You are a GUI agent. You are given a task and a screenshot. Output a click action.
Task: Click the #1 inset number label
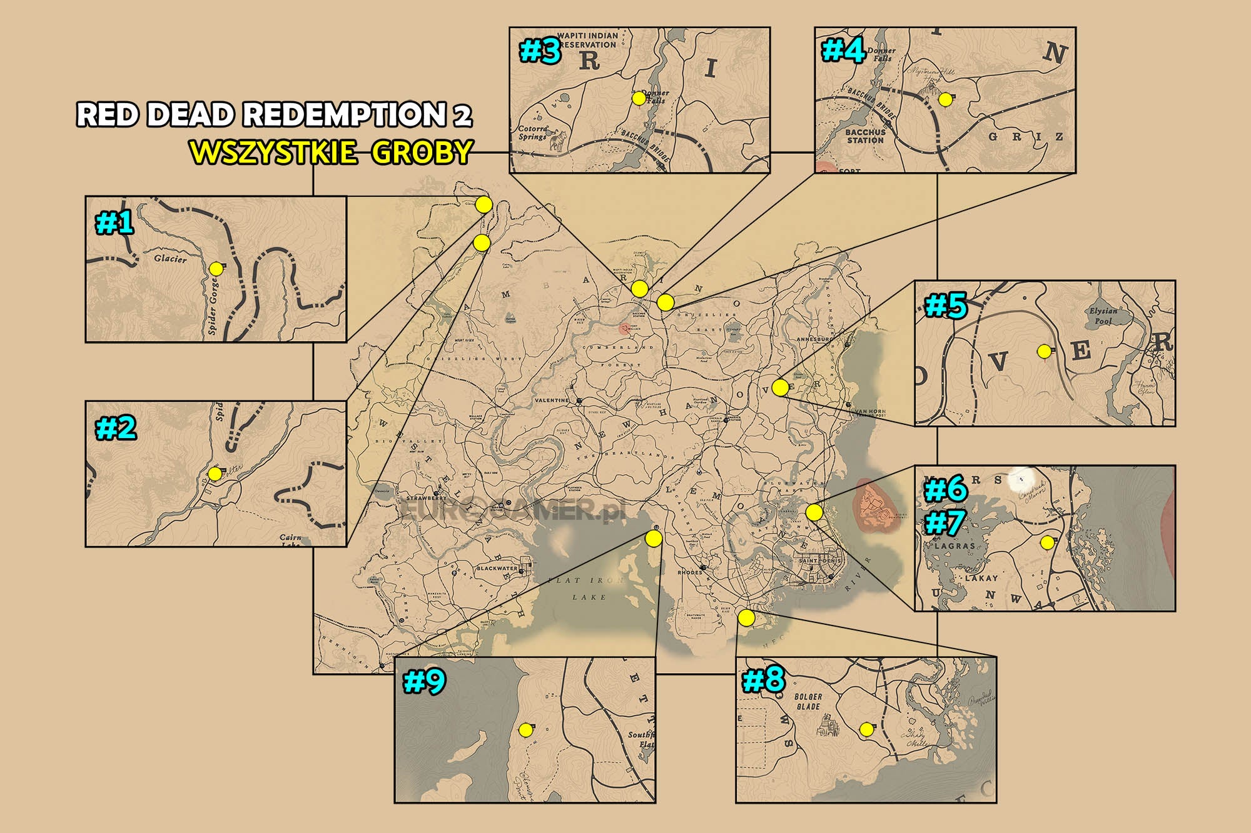click(114, 223)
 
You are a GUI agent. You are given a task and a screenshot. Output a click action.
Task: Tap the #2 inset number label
click(116, 429)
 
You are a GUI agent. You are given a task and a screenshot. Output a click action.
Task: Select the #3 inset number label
click(540, 51)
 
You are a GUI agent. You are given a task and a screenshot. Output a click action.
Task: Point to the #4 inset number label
click(843, 51)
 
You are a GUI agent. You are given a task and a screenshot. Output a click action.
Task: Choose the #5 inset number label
click(945, 306)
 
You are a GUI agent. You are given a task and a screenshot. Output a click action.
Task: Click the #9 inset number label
click(424, 681)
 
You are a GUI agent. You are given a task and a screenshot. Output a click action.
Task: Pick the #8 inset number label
click(763, 680)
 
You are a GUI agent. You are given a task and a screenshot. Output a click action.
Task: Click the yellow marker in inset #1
click(216, 269)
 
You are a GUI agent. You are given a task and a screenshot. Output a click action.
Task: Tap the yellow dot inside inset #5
click(1044, 352)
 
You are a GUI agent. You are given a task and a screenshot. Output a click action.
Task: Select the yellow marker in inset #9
click(525, 731)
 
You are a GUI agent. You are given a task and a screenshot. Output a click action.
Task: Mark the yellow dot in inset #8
click(866, 729)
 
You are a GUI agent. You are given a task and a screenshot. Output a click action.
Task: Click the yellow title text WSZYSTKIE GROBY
click(331, 152)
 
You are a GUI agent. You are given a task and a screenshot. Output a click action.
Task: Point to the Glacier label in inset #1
click(170, 259)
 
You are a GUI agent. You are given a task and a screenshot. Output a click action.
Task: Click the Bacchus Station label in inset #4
click(865, 136)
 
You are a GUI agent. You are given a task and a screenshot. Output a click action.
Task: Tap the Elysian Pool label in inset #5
click(1103, 316)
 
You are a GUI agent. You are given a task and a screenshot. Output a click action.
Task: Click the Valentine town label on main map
click(552, 400)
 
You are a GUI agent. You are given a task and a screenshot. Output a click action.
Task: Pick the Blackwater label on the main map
click(497, 569)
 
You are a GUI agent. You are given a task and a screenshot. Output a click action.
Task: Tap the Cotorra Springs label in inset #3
click(532, 132)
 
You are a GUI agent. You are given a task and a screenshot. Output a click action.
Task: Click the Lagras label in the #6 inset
click(955, 546)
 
